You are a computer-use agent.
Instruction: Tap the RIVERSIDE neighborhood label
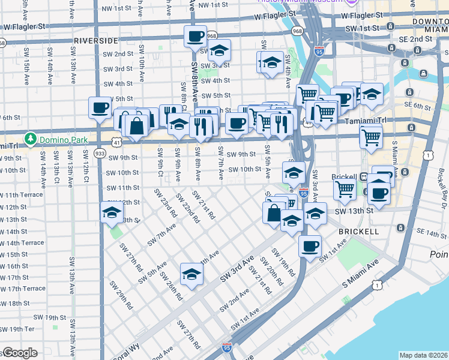[96, 40]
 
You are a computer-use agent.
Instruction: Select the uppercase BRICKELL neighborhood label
[358, 231]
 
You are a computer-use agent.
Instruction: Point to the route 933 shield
[100, 154]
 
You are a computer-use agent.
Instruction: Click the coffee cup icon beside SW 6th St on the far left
[100, 108]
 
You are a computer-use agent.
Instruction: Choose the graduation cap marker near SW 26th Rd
[191, 274]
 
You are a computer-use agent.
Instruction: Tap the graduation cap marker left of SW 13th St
[111, 212]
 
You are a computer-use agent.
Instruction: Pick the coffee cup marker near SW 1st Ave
[310, 245]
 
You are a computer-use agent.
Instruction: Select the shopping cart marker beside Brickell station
[345, 190]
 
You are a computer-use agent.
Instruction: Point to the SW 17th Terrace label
[23, 289]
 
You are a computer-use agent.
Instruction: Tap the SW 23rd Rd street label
[165, 203]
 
